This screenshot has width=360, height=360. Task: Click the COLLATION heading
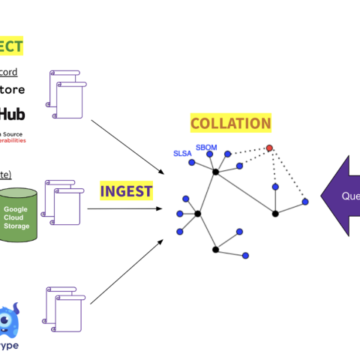pyautogui.click(x=230, y=123)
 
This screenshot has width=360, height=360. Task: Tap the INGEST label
pyautogui.click(x=126, y=191)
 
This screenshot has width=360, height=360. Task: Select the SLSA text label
pyautogui.click(x=183, y=153)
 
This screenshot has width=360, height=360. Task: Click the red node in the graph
pyautogui.click(x=269, y=148)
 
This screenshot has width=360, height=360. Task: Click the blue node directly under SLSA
pyautogui.click(x=191, y=162)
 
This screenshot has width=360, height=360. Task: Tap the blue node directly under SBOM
pyautogui.click(x=210, y=154)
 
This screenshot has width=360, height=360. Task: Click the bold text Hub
pyautogui.click(x=13, y=114)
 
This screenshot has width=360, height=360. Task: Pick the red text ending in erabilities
pyautogui.click(x=12, y=139)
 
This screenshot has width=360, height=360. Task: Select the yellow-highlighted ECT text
pyautogui.click(x=10, y=46)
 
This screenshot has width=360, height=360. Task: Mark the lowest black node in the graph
pyautogui.click(x=215, y=249)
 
